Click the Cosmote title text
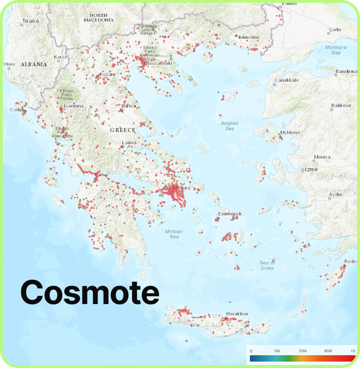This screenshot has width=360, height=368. (90, 292)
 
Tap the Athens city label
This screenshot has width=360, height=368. (180, 188)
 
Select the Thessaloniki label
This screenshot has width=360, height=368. (158, 63)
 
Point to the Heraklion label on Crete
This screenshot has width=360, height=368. (237, 314)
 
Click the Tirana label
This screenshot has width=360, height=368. (29, 21)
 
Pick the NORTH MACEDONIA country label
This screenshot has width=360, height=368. (99, 17)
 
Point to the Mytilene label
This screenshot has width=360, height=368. (290, 132)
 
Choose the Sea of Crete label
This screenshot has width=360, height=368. (267, 265)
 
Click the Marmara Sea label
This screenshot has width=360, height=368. (335, 50)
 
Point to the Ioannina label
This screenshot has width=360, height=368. (74, 106)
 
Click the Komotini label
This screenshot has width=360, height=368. (249, 37)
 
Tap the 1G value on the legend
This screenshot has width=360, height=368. (352, 351)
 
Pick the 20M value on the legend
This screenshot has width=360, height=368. (302, 351)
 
